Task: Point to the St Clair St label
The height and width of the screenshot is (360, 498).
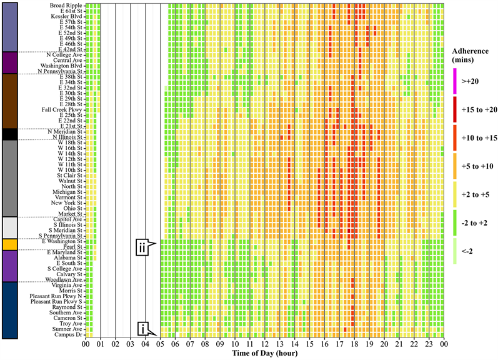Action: (x=70, y=176)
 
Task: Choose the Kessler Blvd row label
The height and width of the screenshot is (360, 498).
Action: (x=67, y=16)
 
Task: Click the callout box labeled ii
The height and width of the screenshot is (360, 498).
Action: (x=143, y=247)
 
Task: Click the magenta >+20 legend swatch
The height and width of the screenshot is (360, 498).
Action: (x=455, y=81)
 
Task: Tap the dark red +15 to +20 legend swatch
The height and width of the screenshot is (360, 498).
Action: (x=455, y=110)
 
